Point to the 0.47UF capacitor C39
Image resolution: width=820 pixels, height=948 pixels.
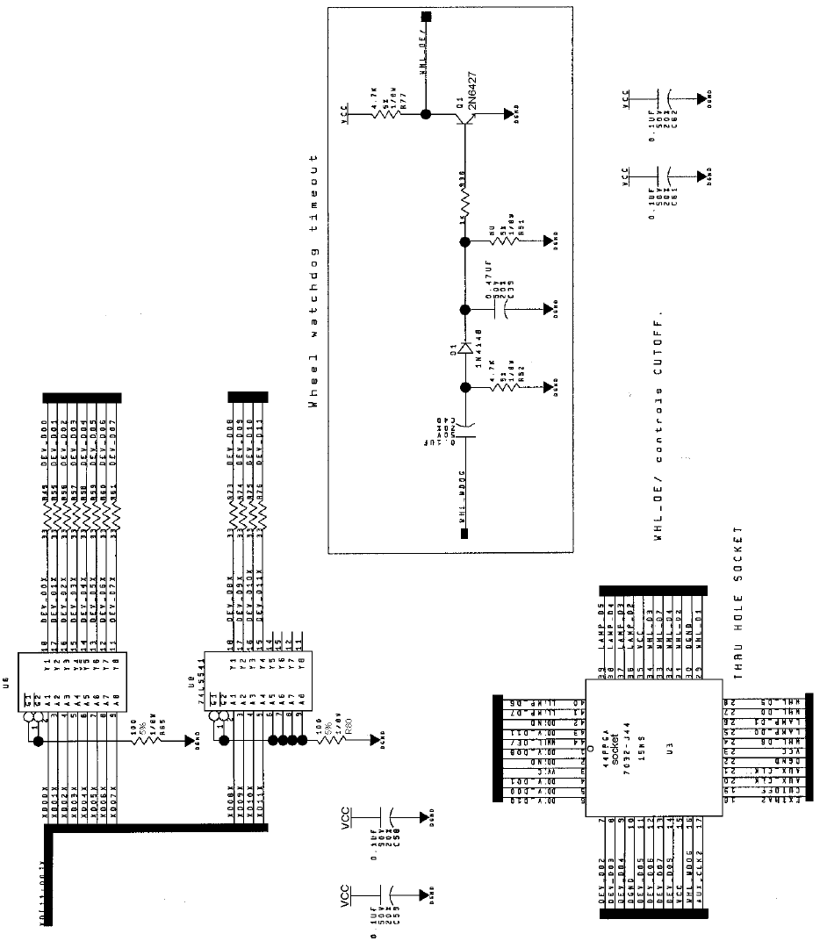pyautogui.click(x=498, y=309)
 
